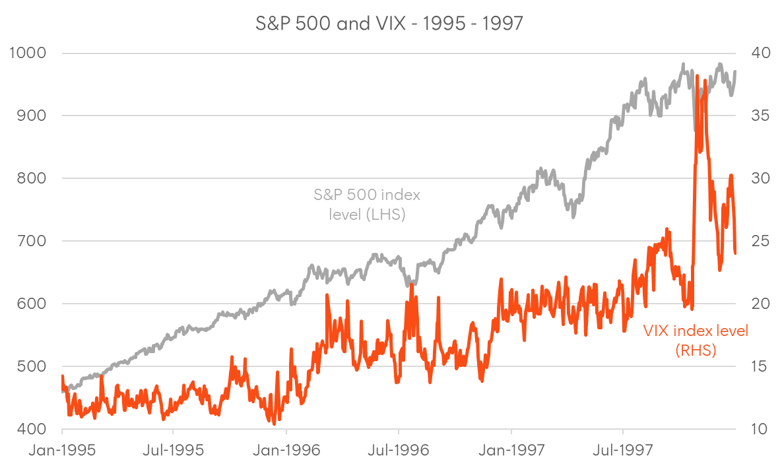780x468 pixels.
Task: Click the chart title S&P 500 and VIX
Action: click(x=389, y=24)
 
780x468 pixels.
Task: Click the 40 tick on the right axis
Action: click(x=756, y=53)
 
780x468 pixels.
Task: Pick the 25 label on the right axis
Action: click(x=756, y=241)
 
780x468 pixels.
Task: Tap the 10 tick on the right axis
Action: click(x=756, y=429)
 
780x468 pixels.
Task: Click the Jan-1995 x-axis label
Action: click(x=62, y=451)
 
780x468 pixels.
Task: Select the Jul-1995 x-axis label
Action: click(x=174, y=451)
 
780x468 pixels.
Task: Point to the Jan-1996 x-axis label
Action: click(x=286, y=451)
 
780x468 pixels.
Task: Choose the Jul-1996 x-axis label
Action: click(x=399, y=451)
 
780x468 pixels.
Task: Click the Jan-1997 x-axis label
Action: click(x=511, y=451)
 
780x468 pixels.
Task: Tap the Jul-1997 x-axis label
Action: click(x=624, y=451)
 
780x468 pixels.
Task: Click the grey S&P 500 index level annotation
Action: click(x=367, y=205)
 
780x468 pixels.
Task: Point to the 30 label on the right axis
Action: click(x=756, y=178)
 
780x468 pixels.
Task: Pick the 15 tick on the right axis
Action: click(x=756, y=366)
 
